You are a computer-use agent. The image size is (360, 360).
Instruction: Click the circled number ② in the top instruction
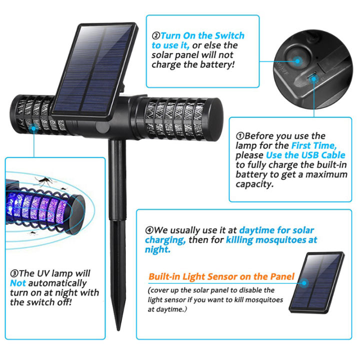[x=155, y=36]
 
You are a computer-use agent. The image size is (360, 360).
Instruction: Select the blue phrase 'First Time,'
[x=314, y=145]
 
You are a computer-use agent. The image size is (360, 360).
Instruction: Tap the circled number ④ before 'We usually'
[x=149, y=230]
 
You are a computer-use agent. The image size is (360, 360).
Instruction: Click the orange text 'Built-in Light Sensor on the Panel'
[x=221, y=276]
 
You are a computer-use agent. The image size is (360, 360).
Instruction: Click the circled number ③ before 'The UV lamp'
[x=14, y=273]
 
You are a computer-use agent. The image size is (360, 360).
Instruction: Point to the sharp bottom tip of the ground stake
[x=118, y=329]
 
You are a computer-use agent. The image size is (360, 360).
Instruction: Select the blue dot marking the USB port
[x=314, y=76]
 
